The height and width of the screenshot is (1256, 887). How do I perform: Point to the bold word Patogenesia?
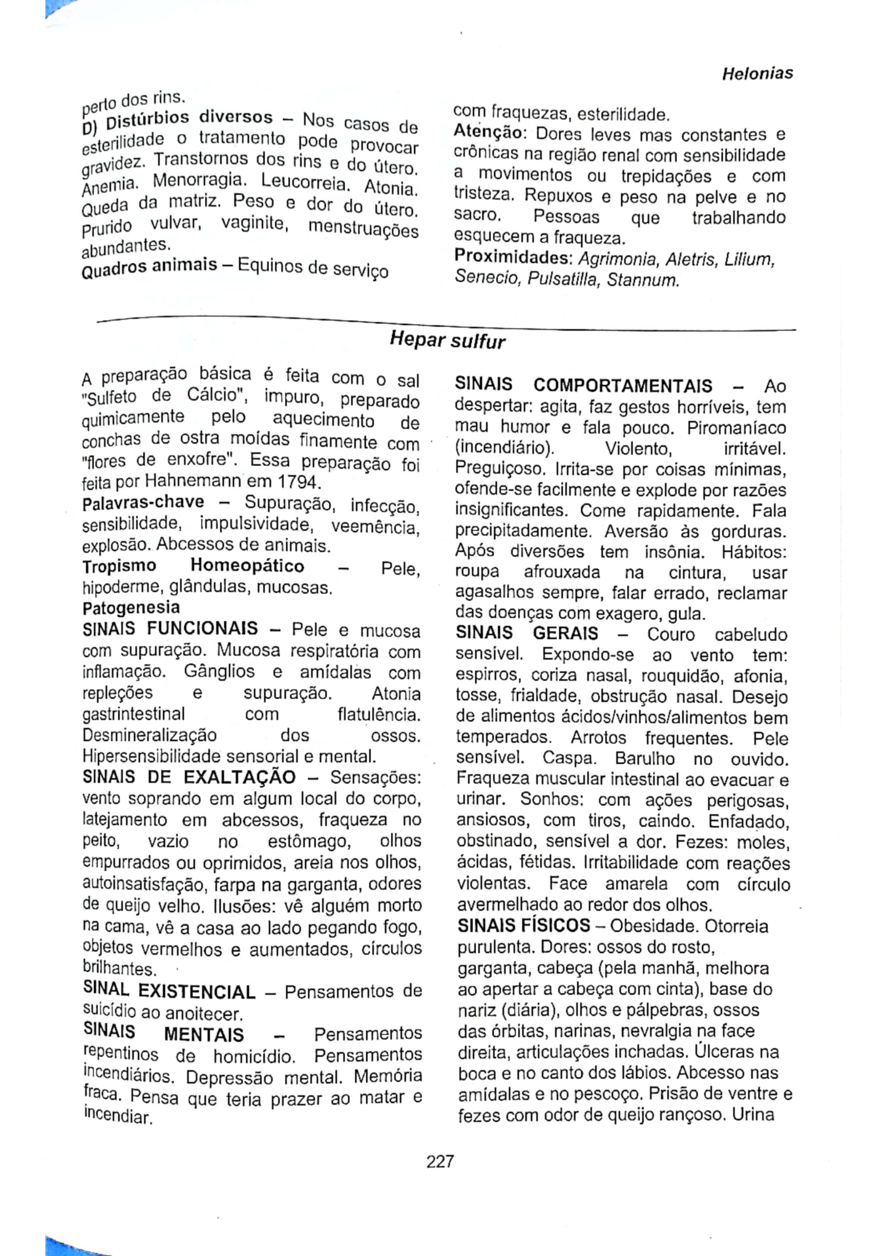coord(131,607)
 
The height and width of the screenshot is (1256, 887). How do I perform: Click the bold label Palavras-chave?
coord(143,502)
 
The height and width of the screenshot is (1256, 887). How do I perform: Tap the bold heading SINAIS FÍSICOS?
coord(523,926)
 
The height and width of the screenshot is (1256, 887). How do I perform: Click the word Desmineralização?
coord(149,735)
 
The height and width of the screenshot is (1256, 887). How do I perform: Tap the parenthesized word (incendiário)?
coord(505,448)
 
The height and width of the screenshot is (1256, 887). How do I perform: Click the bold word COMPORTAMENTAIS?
coord(623,386)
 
